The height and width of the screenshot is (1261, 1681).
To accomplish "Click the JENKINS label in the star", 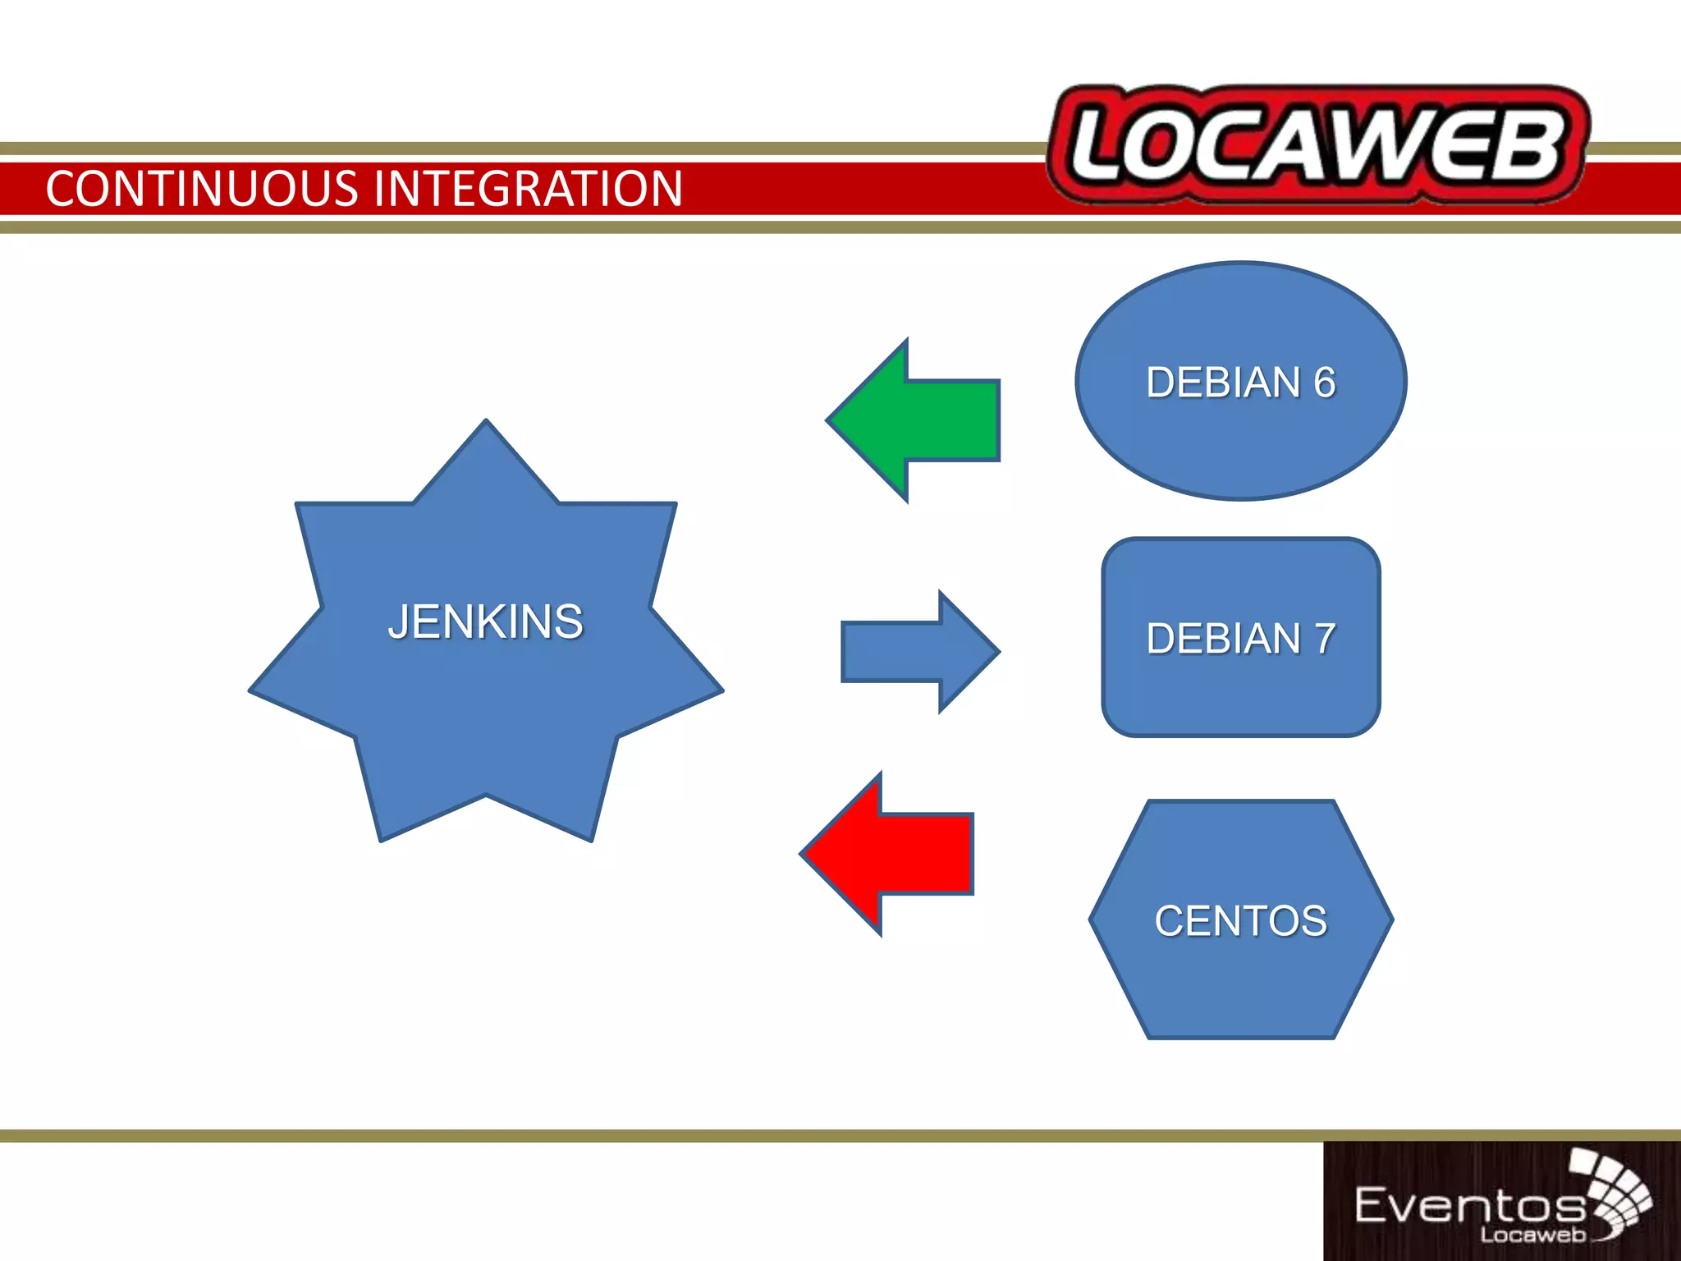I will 486,621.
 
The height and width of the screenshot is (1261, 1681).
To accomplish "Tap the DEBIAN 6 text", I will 1240,383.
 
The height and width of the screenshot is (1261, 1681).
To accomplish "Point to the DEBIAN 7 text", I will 1240,639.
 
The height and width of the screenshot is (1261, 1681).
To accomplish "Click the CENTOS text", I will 1240,921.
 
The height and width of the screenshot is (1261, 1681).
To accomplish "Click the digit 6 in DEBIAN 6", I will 1324,383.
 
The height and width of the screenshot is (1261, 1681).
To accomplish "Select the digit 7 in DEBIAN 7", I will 1324,639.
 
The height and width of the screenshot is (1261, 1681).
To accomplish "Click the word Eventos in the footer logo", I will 1469,1206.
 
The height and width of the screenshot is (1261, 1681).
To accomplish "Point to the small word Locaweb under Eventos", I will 1532,1235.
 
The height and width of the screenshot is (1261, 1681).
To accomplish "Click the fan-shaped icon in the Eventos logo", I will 1614,1190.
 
